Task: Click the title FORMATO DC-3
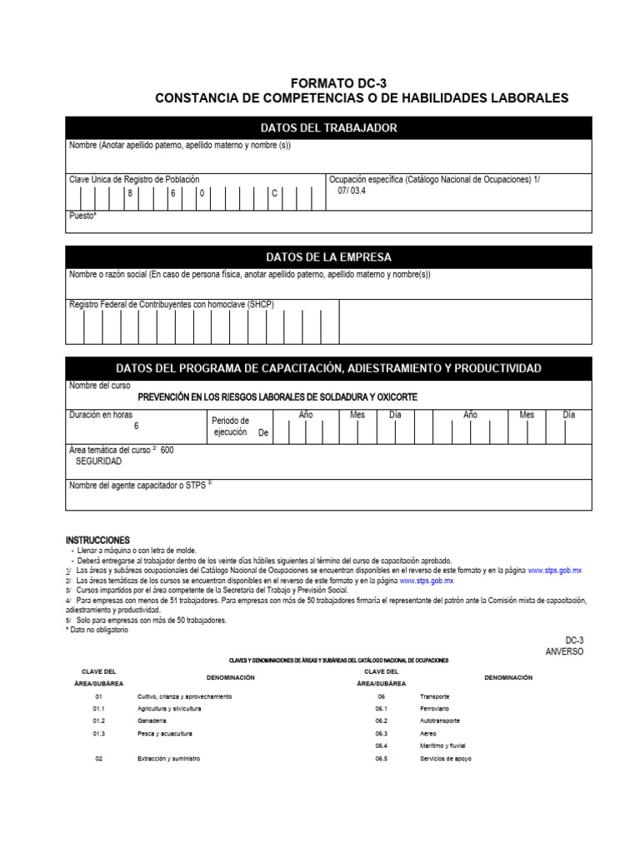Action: (338, 83)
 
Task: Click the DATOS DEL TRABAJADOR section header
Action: (328, 127)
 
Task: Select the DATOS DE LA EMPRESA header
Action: (328, 257)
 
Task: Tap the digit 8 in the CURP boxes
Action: (130, 193)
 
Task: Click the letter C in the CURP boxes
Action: (273, 193)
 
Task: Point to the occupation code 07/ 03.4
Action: (351, 191)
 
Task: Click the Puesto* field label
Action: (83, 216)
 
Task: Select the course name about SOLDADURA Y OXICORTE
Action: (277, 397)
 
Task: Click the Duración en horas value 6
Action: (136, 426)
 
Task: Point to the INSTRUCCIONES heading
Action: (97, 541)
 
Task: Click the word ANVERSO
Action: (564, 651)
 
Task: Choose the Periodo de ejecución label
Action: (232, 426)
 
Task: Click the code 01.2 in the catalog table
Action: (98, 720)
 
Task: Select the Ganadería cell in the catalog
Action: (152, 720)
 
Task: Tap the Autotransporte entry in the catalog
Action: (440, 720)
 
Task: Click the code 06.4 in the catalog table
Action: (382, 746)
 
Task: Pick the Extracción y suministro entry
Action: (169, 759)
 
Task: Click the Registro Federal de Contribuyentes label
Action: (171, 305)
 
